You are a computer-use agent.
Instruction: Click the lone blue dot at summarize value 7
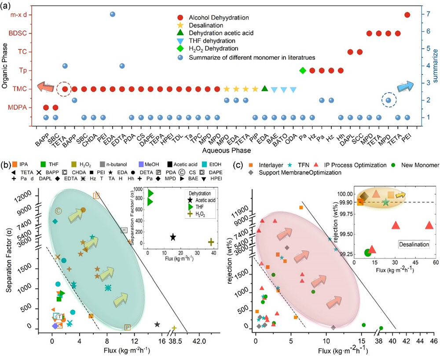pos(113,15)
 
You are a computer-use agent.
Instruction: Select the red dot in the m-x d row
pos(407,15)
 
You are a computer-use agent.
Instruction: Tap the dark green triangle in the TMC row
pos(265,88)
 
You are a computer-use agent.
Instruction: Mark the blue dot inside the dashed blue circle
pos(388,100)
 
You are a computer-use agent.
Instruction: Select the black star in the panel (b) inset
pos(173,237)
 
